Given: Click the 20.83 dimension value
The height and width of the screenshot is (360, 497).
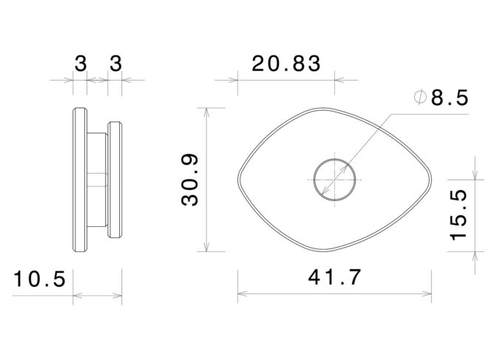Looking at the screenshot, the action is click(286, 64).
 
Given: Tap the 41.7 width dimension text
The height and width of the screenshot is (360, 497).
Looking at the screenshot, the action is click(334, 277).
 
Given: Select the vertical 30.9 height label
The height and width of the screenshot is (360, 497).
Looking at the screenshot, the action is click(189, 180).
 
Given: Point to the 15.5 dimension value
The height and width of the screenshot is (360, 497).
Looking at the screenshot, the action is click(459, 215).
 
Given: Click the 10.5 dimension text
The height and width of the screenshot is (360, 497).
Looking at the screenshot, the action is click(39, 279).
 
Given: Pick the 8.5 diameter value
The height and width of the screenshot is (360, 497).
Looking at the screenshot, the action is click(450, 98).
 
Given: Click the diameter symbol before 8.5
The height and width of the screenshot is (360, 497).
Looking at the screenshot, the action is click(420, 98).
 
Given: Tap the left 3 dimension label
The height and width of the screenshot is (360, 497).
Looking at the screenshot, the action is click(81, 64).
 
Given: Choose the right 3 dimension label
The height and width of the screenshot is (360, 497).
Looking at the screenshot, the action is click(115, 64).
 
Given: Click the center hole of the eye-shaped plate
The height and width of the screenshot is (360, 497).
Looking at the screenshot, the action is click(334, 180).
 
